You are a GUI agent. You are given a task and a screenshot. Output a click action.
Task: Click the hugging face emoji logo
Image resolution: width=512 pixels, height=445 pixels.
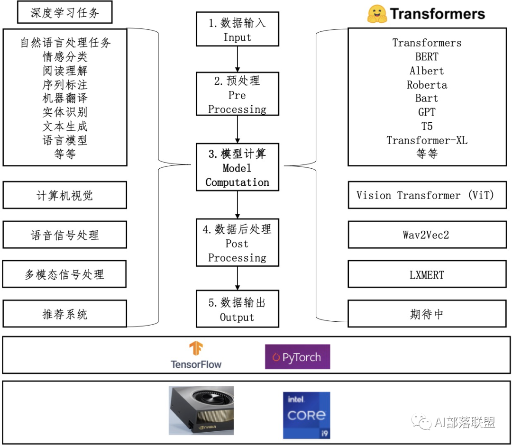click(377, 14)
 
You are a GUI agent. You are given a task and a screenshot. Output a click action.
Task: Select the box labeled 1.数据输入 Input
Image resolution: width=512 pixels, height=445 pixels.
click(237, 29)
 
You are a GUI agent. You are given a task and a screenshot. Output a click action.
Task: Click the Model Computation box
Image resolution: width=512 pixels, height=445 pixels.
click(237, 167)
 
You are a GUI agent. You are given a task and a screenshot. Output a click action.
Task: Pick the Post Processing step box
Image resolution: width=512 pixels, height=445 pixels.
click(237, 242)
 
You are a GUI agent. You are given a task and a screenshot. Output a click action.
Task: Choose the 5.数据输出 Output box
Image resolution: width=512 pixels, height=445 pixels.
click(237, 309)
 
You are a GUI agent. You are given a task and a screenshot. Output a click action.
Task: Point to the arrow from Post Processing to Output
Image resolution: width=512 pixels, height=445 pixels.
click(237, 278)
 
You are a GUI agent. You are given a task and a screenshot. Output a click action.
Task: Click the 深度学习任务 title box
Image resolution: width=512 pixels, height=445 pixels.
click(65, 12)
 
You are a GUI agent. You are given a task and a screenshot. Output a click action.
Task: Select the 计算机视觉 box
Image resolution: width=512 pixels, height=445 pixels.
click(65, 195)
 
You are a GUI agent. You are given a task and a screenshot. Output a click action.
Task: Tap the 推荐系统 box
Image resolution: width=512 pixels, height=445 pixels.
click(65, 314)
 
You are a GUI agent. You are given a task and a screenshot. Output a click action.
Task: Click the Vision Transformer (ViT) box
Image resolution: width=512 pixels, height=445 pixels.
click(427, 195)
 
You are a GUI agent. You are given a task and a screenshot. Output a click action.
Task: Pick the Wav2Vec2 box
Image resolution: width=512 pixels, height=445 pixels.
click(427, 235)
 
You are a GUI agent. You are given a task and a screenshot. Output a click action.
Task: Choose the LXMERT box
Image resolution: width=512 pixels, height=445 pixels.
click(427, 274)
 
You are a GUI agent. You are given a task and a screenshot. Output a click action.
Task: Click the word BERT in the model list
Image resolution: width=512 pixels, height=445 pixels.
click(427, 57)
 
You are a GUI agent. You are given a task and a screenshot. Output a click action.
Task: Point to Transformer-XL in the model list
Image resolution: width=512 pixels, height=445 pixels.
click(427, 140)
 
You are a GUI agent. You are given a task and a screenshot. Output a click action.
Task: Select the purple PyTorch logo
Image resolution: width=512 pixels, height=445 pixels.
click(297, 357)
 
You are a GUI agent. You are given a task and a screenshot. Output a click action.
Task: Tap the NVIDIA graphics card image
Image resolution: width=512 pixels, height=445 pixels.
click(201, 410)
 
